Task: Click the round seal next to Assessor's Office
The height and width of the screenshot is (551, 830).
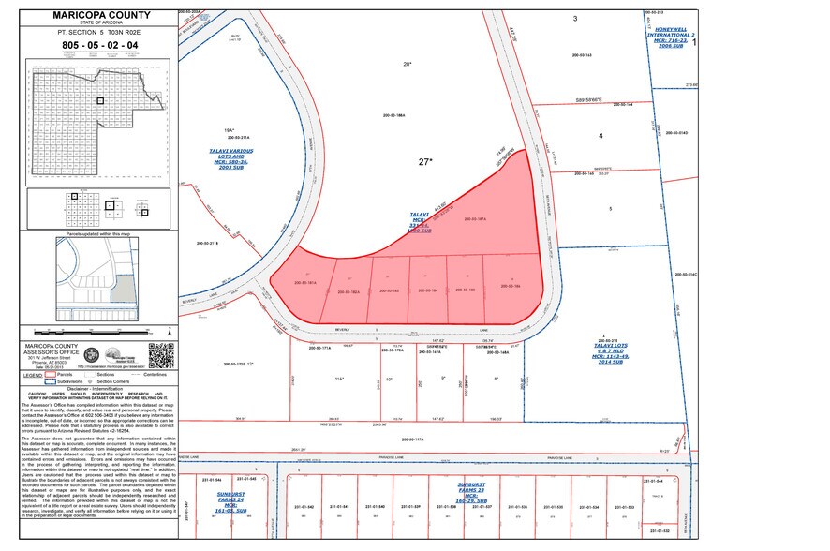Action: pyautogui.click(x=90, y=356)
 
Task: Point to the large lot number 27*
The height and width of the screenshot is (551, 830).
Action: pyautogui.click(x=425, y=161)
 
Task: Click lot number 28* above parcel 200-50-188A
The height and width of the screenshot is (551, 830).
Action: pyautogui.click(x=407, y=64)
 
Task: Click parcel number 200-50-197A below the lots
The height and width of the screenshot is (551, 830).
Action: pyautogui.click(x=413, y=437)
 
